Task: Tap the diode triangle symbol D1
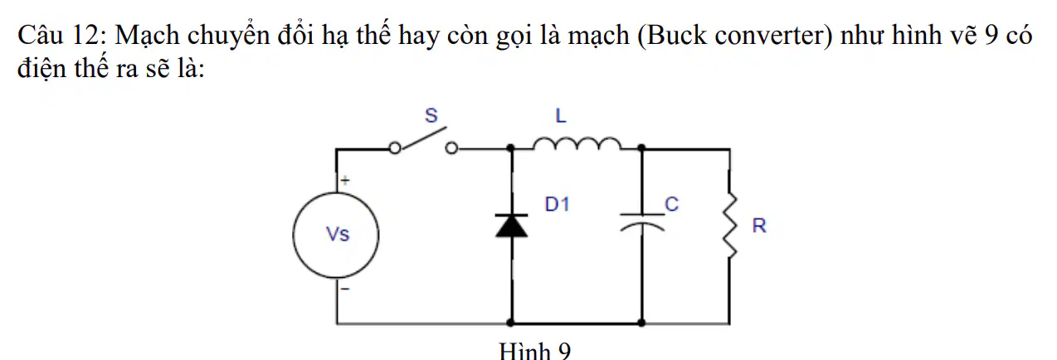pyautogui.click(x=512, y=226)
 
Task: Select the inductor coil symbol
pyautogui.click(x=577, y=143)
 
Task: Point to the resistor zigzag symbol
pyautogui.click(x=730, y=225)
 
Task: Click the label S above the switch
pyautogui.click(x=431, y=115)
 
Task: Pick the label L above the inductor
pyautogui.click(x=561, y=115)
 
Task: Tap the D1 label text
pyautogui.click(x=557, y=204)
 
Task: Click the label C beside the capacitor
pyautogui.click(x=671, y=204)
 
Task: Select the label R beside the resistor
pyautogui.click(x=759, y=226)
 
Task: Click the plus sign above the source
pyautogui.click(x=345, y=180)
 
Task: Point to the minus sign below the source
pyautogui.click(x=345, y=289)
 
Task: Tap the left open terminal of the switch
pyautogui.click(x=395, y=148)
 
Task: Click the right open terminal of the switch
pyautogui.click(x=451, y=148)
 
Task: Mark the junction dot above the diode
pyautogui.click(x=510, y=148)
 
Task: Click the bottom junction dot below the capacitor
pyautogui.click(x=641, y=323)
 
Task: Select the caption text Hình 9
pyautogui.click(x=534, y=352)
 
